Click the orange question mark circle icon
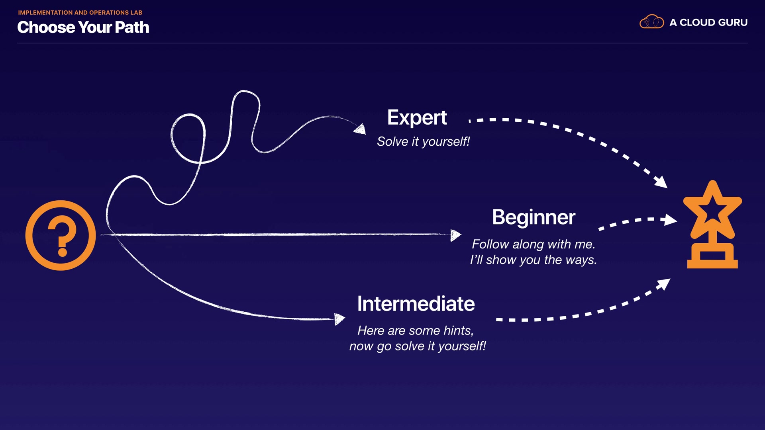[61, 235]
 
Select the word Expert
[417, 117]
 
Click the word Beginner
[534, 217]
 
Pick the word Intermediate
[416, 304]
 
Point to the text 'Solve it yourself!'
[423, 141]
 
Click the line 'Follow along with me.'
[533, 244]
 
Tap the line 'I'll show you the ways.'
[533, 260]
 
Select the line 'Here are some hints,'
[415, 330]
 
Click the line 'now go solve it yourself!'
[417, 346]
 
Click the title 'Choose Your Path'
[83, 27]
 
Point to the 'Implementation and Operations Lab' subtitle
[80, 13]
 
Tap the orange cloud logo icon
[651, 22]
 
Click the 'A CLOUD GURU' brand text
[708, 23]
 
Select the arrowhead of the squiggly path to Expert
[361, 129]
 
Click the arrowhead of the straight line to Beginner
[455, 235]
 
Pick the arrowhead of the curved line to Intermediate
[339, 319]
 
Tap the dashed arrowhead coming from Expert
[661, 182]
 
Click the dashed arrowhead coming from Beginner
[670, 219]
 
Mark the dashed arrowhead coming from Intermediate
[664, 284]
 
